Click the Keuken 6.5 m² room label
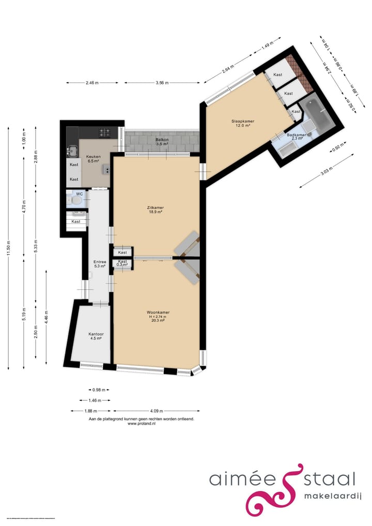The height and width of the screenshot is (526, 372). point(94,158)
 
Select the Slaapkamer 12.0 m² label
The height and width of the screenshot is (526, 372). point(242,123)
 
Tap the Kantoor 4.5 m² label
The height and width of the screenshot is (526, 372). point(96,337)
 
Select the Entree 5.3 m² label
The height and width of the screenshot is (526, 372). point(100,264)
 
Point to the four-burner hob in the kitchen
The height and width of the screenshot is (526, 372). point(107,132)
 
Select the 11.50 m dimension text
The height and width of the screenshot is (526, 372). point(10,248)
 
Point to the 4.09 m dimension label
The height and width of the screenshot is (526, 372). point(158,411)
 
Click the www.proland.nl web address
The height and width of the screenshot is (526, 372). point(142,424)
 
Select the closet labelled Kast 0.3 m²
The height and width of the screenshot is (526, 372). point(122,264)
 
